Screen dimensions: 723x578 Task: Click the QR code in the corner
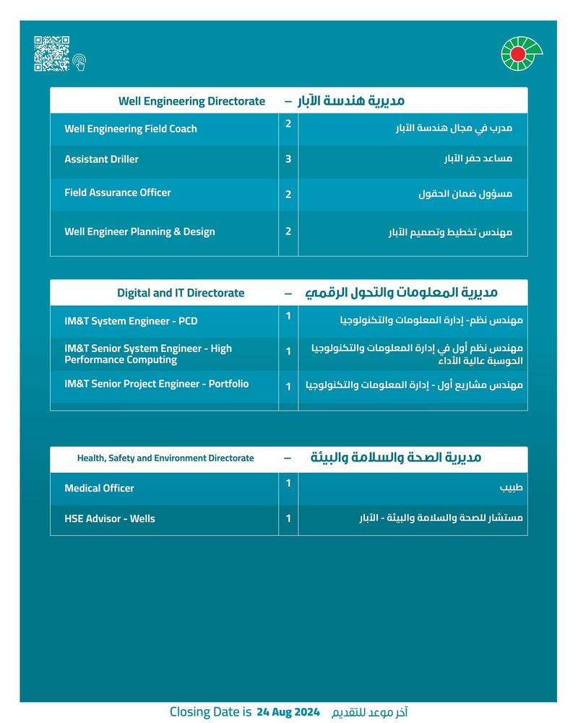(x=52, y=54)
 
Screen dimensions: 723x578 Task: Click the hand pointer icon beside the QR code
(x=79, y=62)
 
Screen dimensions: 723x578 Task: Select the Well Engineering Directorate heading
(x=191, y=101)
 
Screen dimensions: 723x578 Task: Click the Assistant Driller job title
(x=101, y=159)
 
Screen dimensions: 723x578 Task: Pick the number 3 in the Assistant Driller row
(x=288, y=158)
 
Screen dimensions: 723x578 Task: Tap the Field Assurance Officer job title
(x=118, y=192)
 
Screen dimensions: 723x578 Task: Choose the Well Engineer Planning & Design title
(x=139, y=231)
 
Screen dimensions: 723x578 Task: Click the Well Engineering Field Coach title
(x=131, y=129)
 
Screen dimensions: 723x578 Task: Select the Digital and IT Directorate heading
(x=181, y=293)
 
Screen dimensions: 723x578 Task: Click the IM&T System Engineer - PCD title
(x=131, y=321)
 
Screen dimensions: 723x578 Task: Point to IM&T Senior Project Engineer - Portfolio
(x=156, y=384)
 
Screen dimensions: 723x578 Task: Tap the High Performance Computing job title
(x=148, y=354)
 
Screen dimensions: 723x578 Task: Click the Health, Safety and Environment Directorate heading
(x=165, y=458)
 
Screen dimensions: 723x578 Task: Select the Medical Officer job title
(x=99, y=488)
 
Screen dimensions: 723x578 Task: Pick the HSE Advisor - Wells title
(x=110, y=518)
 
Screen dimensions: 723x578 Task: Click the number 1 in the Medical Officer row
(x=288, y=482)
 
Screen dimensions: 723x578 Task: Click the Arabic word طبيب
(x=511, y=488)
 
